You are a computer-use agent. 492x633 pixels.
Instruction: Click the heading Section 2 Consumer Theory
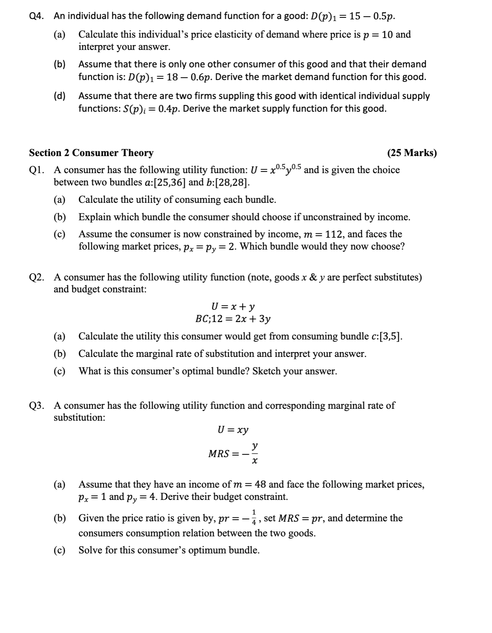[91, 153]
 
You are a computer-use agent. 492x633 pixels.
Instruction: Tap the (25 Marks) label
[412, 153]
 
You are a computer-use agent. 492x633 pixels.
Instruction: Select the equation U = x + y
[233, 306]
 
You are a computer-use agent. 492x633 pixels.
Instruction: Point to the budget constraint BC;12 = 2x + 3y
[233, 319]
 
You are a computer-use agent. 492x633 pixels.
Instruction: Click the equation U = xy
[233, 430]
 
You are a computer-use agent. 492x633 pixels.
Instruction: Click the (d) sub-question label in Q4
[60, 96]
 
